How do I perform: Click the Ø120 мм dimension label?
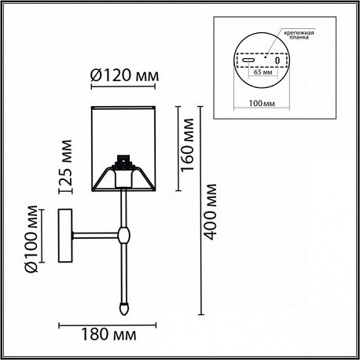point(124,76)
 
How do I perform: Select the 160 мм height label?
point(188,145)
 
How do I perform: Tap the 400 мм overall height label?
point(210,211)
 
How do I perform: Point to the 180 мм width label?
point(108,335)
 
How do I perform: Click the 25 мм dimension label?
point(64,163)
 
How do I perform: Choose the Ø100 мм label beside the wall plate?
point(31,239)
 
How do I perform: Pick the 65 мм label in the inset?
point(263,72)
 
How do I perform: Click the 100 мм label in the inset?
point(262,103)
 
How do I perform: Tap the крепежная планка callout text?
point(299,35)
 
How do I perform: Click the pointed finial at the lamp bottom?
point(124,309)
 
